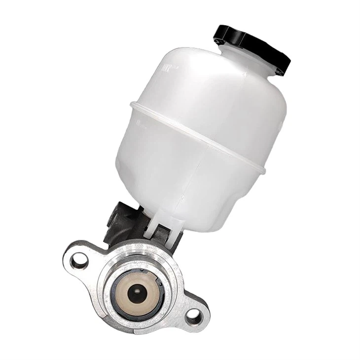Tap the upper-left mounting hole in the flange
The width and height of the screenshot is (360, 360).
78,260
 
